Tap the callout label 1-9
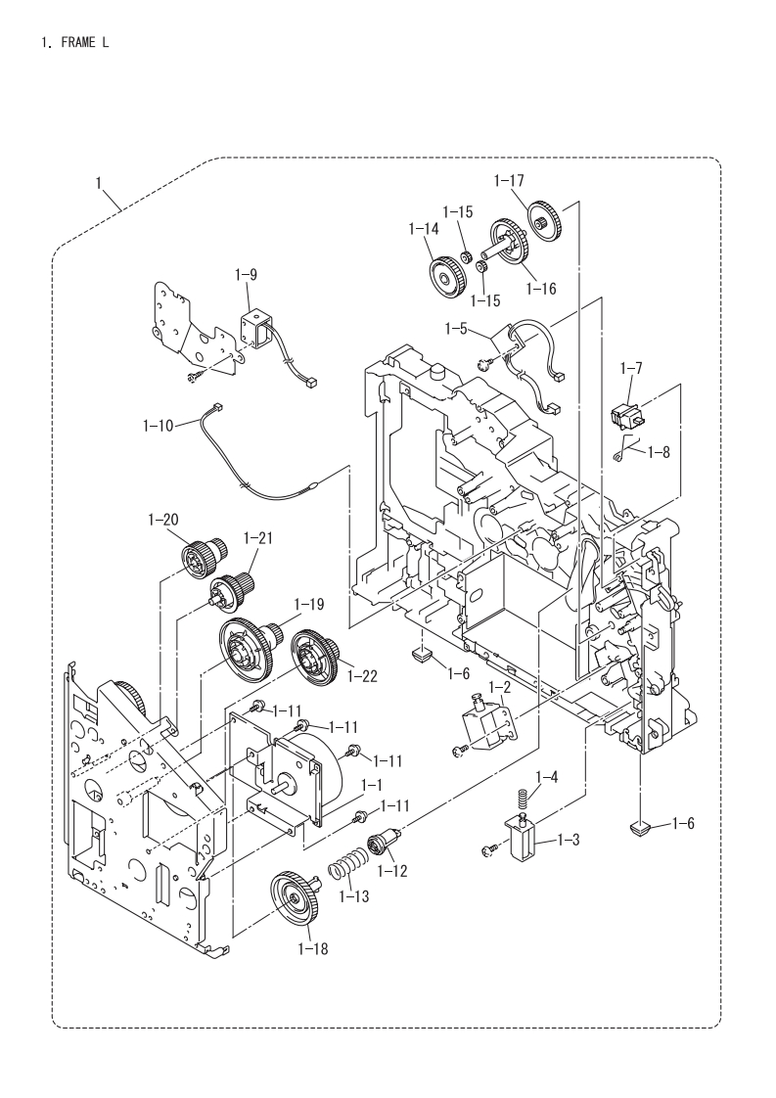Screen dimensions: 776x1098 245,275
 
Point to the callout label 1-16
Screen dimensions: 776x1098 541,288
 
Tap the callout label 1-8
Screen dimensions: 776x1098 659,452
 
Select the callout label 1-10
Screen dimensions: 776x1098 158,425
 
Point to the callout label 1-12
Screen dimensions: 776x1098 391,871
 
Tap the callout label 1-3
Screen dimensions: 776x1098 568,839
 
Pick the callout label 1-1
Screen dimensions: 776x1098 371,786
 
